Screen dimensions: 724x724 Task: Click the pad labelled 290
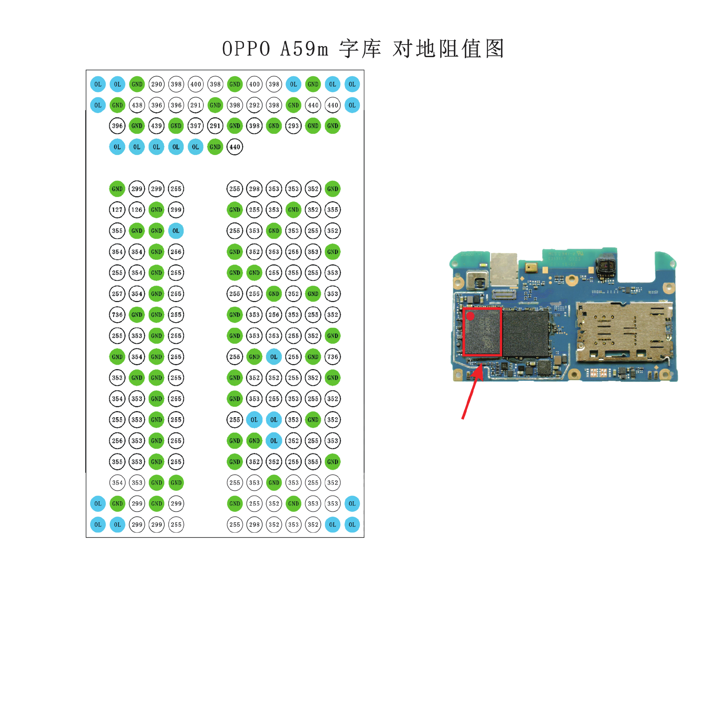(157, 84)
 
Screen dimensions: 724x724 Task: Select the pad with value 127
(117, 210)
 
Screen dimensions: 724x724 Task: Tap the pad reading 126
(137, 210)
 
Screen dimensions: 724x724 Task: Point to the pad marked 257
(117, 294)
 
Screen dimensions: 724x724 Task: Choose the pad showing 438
(137, 105)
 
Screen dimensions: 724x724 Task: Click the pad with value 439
(157, 126)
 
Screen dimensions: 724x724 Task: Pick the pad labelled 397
(196, 126)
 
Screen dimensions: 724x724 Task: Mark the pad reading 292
(254, 105)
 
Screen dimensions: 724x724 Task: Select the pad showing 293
(293, 126)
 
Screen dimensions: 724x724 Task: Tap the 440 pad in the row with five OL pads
(235, 147)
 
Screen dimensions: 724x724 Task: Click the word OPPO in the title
(246, 49)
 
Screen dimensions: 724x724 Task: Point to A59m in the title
(304, 49)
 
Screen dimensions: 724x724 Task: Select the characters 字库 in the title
(360, 49)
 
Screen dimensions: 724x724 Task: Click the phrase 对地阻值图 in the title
(448, 49)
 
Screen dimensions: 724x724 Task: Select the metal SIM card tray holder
(624, 331)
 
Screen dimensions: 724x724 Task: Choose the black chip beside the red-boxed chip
(525, 333)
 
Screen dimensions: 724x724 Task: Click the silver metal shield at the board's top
(504, 270)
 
